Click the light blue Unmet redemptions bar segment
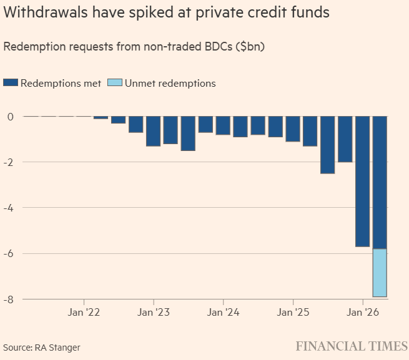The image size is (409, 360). click(380, 273)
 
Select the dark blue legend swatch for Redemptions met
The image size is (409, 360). click(11, 83)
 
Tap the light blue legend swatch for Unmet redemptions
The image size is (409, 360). click(114, 83)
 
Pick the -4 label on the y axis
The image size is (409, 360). click(9, 208)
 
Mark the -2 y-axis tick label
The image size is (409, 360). click(9, 162)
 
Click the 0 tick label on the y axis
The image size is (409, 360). click(11, 117)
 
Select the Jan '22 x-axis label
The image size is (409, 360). click(84, 312)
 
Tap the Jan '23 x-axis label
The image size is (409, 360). click(154, 312)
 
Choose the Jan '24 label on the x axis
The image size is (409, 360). click(224, 312)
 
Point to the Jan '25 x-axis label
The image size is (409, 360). click(293, 312)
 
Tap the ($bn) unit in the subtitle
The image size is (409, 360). click(249, 47)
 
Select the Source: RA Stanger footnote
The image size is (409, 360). click(41, 347)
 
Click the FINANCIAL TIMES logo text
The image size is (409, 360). click(352, 346)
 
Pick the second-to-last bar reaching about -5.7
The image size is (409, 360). click(362, 181)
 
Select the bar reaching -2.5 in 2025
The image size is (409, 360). click(327, 145)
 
